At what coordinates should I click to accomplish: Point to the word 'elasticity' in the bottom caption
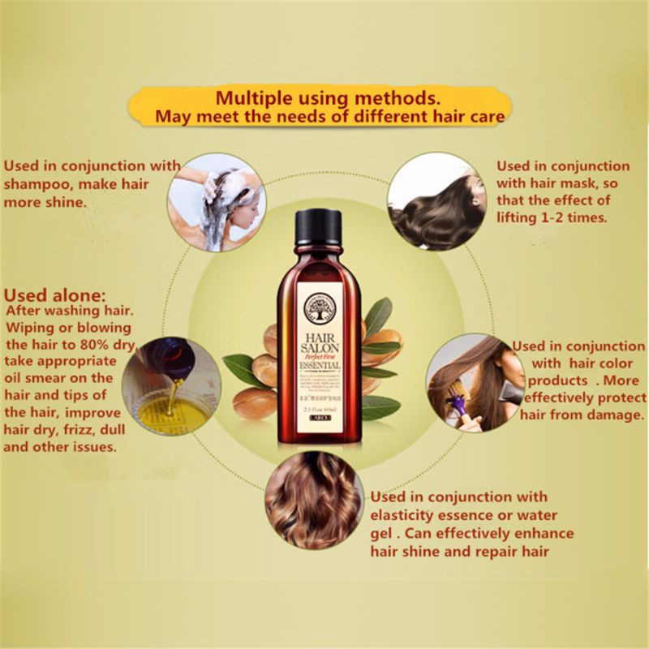pos(402,515)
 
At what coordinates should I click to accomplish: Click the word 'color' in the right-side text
pos(612,363)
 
